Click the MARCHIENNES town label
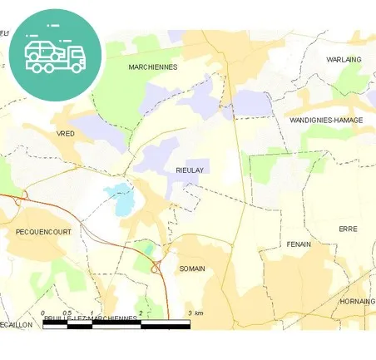[x=153, y=67]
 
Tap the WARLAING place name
[x=344, y=60]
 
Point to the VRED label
[x=65, y=133]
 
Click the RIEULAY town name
[x=190, y=170]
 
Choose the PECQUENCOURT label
[x=43, y=233]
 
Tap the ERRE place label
[x=347, y=228]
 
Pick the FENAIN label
[x=298, y=244]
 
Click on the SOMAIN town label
[x=191, y=269]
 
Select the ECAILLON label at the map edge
[x=16, y=324]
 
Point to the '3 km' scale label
[x=195, y=313]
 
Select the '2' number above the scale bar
[x=141, y=313]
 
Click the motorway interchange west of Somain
[x=156, y=267]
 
